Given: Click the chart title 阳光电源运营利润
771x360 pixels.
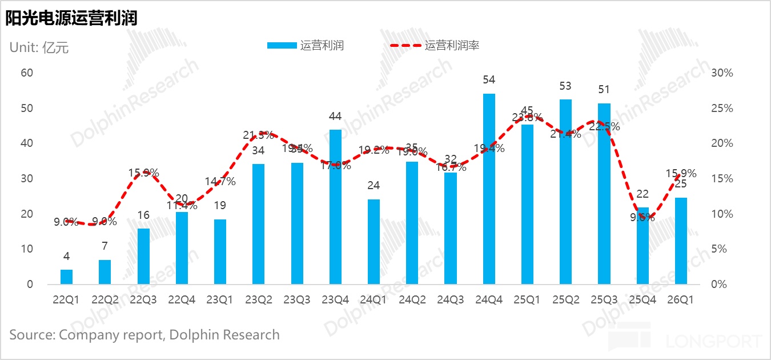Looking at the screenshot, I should click(x=71, y=18).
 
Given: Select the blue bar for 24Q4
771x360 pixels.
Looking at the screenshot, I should click(x=489, y=189).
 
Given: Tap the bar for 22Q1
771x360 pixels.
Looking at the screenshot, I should click(x=67, y=277).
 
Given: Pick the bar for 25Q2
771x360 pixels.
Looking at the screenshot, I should click(x=565, y=191).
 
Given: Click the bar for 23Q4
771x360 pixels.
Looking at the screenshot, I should click(x=335, y=207).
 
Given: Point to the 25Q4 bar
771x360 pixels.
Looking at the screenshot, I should click(x=642, y=246).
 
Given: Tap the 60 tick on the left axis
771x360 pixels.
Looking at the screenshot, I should click(x=27, y=73).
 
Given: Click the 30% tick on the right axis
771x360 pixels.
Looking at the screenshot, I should click(x=722, y=73).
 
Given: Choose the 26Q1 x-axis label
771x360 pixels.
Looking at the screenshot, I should click(x=680, y=300).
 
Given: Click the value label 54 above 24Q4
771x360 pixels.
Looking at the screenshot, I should click(x=489, y=80).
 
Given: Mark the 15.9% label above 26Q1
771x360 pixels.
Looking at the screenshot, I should click(x=681, y=173).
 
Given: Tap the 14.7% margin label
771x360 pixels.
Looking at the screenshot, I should click(x=220, y=182).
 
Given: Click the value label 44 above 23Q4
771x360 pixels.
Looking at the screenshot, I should click(x=335, y=117).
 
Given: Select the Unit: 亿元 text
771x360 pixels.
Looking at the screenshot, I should click(x=39, y=47).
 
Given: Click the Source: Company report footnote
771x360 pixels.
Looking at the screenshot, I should click(x=144, y=335).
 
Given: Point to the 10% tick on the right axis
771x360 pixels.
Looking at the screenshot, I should click(x=722, y=214).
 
